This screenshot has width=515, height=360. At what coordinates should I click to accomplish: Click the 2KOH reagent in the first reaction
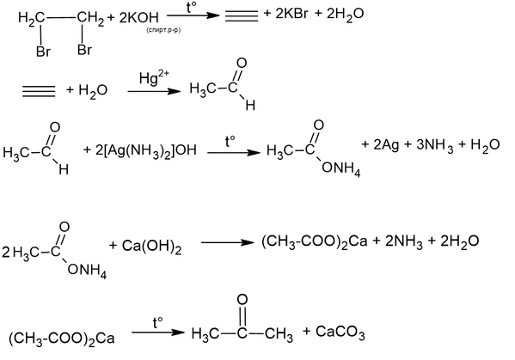pyautogui.click(x=138, y=17)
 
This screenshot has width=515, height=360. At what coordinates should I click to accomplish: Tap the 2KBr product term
pyautogui.click(x=291, y=14)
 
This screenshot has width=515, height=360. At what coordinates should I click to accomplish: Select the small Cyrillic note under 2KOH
pyautogui.click(x=164, y=31)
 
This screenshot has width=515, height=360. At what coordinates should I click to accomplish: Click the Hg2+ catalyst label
pyautogui.click(x=154, y=77)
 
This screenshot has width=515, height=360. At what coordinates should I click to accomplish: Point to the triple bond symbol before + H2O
pyautogui.click(x=39, y=91)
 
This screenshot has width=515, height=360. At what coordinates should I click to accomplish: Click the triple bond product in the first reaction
pyautogui.click(x=242, y=15)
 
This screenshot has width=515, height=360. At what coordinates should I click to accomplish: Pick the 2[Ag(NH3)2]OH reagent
pyautogui.click(x=146, y=150)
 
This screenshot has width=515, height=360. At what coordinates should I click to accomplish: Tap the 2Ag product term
pyautogui.click(x=386, y=144)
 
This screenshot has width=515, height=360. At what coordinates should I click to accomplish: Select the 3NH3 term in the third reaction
pyautogui.click(x=435, y=146)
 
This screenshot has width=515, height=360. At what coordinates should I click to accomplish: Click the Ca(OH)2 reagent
pyautogui.click(x=151, y=247)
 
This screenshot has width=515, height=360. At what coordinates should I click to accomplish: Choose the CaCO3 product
pyautogui.click(x=340, y=333)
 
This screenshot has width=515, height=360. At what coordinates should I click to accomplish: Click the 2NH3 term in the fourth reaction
pyautogui.click(x=403, y=242)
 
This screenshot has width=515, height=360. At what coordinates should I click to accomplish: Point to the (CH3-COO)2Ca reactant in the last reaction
pyautogui.click(x=61, y=339)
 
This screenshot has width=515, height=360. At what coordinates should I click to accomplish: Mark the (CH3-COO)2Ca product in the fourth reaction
pyautogui.click(x=315, y=242)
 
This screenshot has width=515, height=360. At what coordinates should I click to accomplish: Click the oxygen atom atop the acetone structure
pyautogui.click(x=242, y=300)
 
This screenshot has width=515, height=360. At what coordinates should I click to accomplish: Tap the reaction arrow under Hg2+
pyautogui.click(x=154, y=91)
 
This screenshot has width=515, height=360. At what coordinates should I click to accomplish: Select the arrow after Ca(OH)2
pyautogui.click(x=228, y=242)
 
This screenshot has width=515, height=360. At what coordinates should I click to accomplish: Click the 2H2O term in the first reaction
pyautogui.click(x=345, y=15)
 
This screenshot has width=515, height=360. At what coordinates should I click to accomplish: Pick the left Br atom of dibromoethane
pyautogui.click(x=43, y=52)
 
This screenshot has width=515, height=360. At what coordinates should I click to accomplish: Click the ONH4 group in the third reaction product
pyautogui.click(x=341, y=168)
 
